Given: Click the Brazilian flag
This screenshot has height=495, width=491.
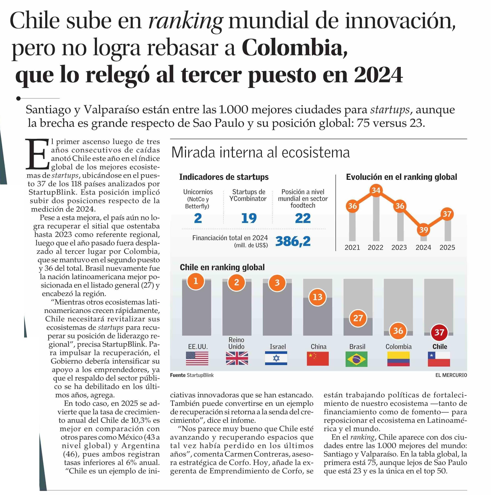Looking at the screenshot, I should (x=356, y=359).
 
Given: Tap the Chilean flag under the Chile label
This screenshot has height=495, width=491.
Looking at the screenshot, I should (x=439, y=359).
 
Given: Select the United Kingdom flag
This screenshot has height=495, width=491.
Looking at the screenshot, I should (x=237, y=358).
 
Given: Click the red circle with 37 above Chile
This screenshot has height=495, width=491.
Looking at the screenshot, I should (x=439, y=332).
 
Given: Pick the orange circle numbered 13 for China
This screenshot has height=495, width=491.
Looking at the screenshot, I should (x=317, y=297).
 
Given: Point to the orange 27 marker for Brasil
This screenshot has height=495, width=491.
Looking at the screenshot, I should (x=358, y=318).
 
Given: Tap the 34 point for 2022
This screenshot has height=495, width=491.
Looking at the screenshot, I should (x=376, y=190).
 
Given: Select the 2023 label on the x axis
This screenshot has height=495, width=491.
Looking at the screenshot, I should (x=399, y=247).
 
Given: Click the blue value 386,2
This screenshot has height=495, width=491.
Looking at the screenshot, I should (x=293, y=241).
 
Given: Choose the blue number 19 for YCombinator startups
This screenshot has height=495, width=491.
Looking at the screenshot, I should (x=249, y=218).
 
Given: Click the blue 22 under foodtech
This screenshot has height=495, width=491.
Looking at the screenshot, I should (x=303, y=218).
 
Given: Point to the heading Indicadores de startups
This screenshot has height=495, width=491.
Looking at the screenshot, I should (x=223, y=177).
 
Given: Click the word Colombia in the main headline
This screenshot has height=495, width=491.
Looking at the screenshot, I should (x=294, y=48).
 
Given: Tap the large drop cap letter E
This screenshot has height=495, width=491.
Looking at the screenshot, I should (x=38, y=154).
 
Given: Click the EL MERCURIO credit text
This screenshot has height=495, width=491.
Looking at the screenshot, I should (x=451, y=375).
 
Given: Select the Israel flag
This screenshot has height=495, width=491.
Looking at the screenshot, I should (x=276, y=358).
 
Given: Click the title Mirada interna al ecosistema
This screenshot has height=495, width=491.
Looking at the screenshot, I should (x=260, y=153).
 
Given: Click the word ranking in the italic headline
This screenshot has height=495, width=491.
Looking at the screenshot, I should (x=185, y=21).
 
